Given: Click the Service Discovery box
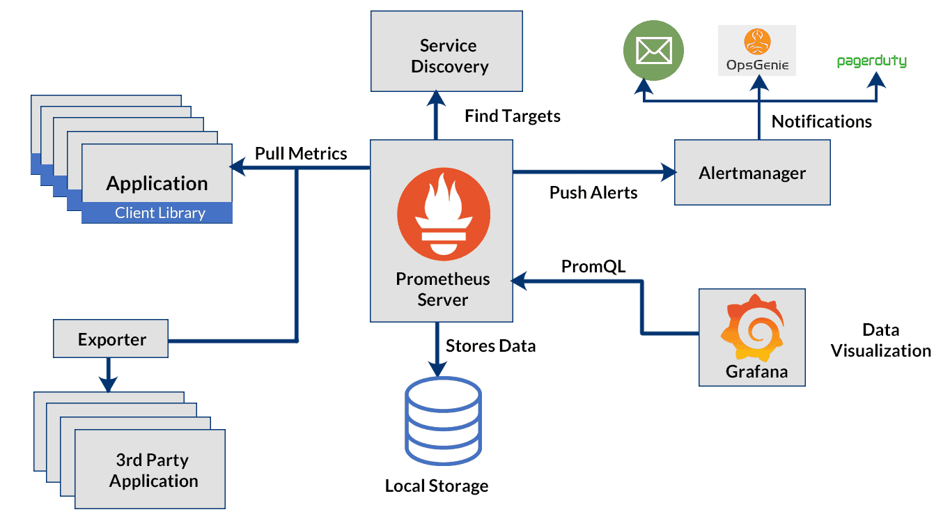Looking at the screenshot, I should tap(446, 51).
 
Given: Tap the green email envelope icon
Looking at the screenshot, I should tap(653, 51).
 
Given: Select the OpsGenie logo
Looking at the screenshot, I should tap(756, 51).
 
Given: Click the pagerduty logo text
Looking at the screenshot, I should tap(871, 61).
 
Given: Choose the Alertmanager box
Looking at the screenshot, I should tap(752, 173).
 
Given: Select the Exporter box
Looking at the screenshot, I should tap(111, 340).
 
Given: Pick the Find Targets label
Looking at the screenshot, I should tap(513, 116).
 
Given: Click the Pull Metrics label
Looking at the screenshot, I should tap(301, 153).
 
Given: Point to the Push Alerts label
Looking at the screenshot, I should tap(593, 193).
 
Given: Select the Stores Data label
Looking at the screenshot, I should tap(491, 345).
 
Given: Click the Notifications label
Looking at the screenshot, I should tap(821, 122).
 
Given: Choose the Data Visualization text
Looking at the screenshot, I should tap(880, 340).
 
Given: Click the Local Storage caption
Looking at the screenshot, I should tap(437, 486).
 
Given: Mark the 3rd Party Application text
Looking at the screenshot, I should tap(153, 470).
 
